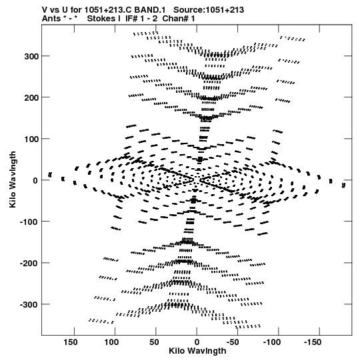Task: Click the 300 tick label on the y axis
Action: tap(31, 57)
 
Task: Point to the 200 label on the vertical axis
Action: tap(31, 98)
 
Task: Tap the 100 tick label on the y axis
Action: tap(31, 139)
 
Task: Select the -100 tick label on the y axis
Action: tap(29, 222)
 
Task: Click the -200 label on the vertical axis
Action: tap(29, 264)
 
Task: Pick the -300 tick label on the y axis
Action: tap(29, 305)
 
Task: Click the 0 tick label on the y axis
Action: tap(35, 181)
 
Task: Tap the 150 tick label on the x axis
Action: tap(71, 342)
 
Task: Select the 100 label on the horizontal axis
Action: tap(111, 342)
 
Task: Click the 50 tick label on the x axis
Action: tap(154, 342)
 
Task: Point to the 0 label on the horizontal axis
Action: tap(197, 342)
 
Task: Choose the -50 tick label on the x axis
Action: tap(233, 342)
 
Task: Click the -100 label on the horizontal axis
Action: tap(272, 342)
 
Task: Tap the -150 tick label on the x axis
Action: tap(313, 342)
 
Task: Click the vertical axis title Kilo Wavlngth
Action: tap(13, 179)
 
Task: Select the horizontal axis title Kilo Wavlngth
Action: tap(197, 351)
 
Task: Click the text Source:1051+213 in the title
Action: tap(209, 10)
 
